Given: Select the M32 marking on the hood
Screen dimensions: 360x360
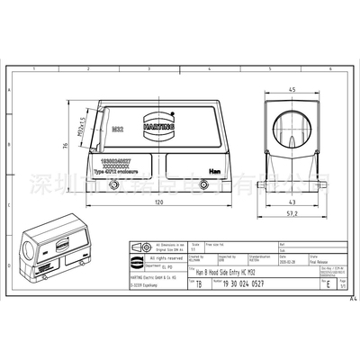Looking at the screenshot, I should [x=118, y=130].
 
